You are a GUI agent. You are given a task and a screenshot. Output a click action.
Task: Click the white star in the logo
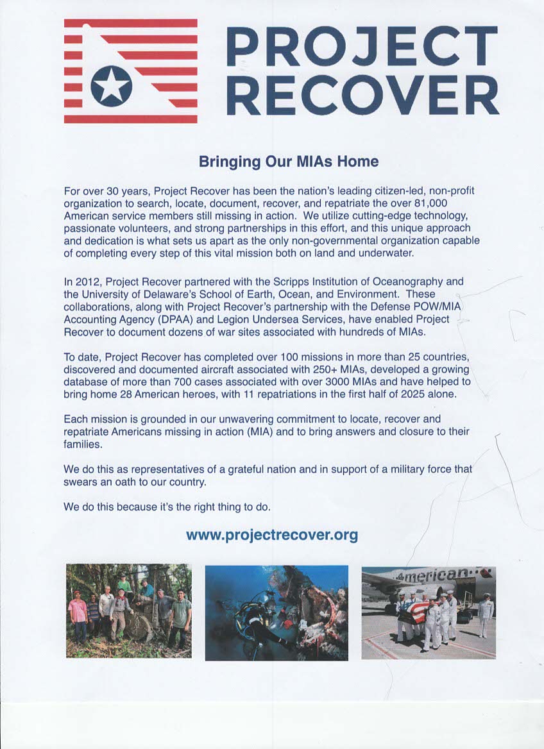[x=111, y=87]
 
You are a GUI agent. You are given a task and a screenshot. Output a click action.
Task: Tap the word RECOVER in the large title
[x=362, y=94]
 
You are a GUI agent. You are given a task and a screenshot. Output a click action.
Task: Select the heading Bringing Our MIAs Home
[x=289, y=162]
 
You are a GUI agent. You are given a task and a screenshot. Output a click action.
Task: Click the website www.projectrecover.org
[x=272, y=534]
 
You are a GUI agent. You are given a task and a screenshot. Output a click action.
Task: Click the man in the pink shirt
[x=78, y=613]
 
